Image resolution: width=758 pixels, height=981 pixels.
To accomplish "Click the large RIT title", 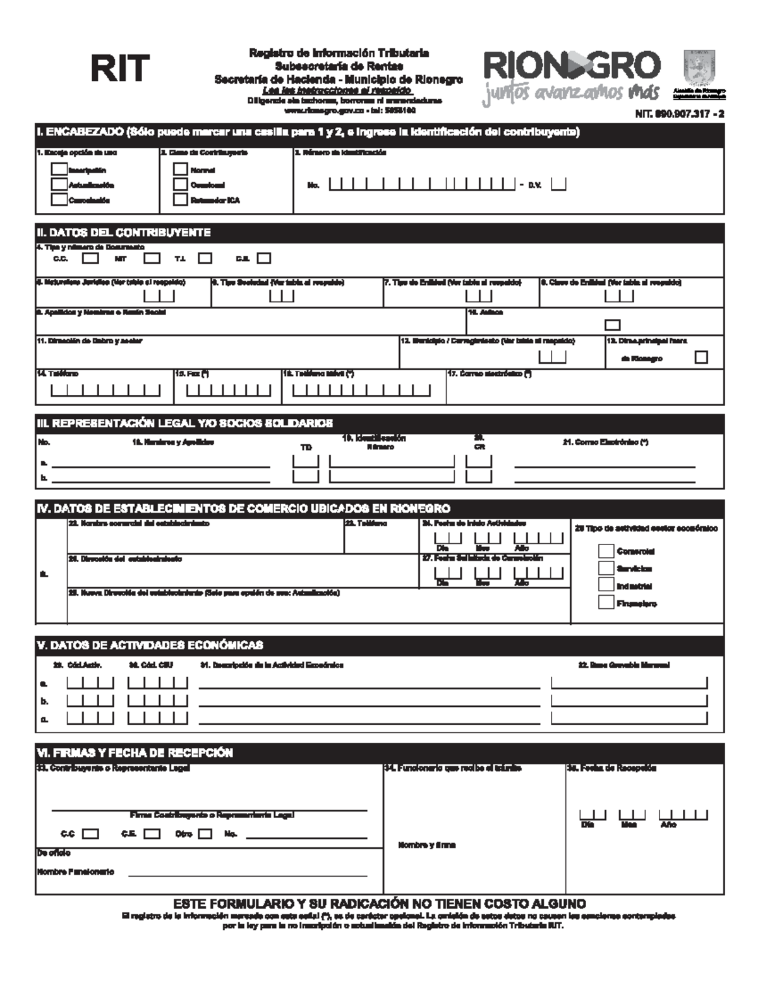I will pos(120,68).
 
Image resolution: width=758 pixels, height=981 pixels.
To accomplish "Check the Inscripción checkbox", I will pos(59,169).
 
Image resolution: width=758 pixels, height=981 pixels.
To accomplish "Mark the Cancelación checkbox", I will pos(59,200).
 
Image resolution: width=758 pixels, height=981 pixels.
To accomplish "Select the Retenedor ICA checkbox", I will pos(181,200).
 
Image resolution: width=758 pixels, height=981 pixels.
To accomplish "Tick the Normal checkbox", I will pos(181,169).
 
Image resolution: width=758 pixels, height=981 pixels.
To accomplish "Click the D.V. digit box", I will pos(558,184).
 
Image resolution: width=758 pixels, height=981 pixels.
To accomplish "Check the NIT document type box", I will pos(152,258).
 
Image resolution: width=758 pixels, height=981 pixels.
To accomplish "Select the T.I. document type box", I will pos(205,258).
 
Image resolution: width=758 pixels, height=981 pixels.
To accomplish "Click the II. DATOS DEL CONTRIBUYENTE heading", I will pos(124,232).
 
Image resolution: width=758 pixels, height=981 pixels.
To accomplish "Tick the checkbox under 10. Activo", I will pos(612,325).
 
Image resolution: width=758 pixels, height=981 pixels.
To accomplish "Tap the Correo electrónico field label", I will pos(489,374).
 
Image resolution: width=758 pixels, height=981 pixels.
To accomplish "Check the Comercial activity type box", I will pos(606,551).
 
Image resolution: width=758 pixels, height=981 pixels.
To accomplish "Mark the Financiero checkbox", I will pos(606,603).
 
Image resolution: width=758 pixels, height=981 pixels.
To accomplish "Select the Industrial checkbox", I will pos(606,585).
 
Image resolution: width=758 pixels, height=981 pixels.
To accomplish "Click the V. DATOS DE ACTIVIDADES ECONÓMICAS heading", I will pos(150,645).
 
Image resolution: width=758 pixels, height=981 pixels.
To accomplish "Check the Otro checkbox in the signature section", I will pos(205,834).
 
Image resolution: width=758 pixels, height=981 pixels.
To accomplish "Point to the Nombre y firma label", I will pos(427,845).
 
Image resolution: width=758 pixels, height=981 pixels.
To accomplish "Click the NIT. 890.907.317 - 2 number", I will pos(680,114).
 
